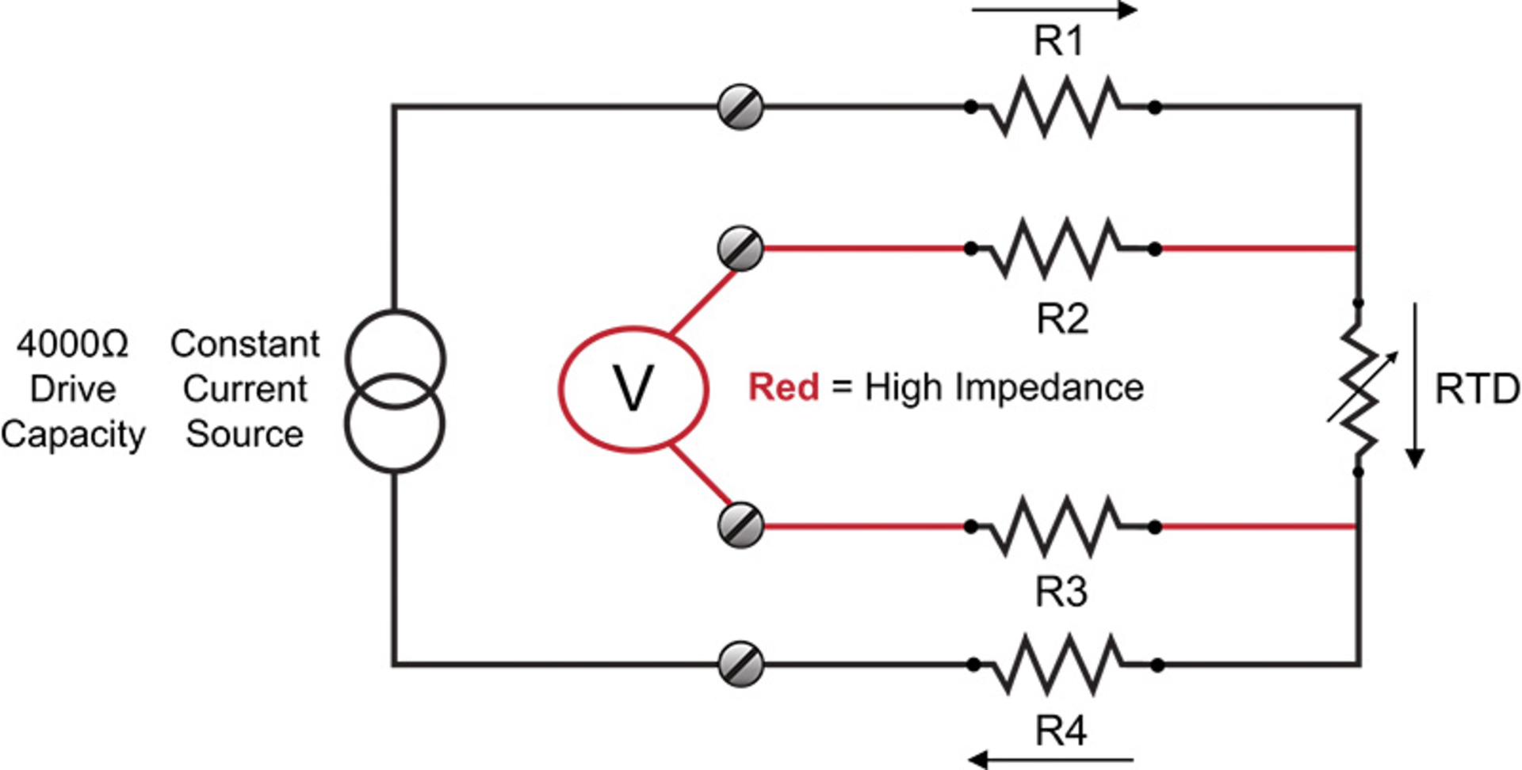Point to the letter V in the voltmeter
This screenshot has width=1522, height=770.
[633, 389]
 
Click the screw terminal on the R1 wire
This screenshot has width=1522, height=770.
[740, 107]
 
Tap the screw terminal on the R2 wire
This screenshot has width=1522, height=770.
[740, 249]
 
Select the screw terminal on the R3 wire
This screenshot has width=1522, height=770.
[740, 525]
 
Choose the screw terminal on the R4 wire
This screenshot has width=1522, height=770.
[740, 664]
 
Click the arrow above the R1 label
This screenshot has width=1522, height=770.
[1054, 10]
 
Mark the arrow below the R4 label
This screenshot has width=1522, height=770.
[1051, 760]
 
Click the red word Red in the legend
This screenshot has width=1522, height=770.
[783, 387]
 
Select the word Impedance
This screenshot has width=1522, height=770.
[1050, 388]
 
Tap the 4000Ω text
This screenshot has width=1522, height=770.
[72, 345]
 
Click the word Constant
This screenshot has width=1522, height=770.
[245, 344]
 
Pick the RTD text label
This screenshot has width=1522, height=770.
[1477, 390]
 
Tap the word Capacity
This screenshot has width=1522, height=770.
[73, 435]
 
